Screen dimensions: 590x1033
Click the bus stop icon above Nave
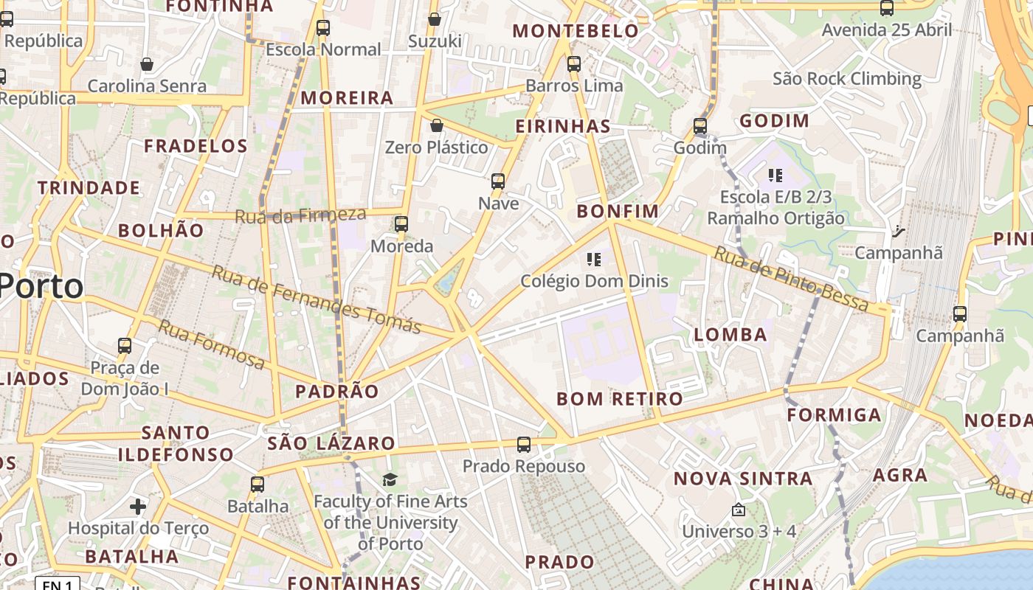pos(498,181)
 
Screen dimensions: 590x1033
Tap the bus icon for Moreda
pos(401,223)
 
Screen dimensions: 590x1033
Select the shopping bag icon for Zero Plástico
pos(437,125)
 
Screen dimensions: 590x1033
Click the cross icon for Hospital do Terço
pos(138,507)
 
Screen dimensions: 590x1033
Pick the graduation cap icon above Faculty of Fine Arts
pos(390,480)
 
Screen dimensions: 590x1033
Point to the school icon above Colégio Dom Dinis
pos(594,259)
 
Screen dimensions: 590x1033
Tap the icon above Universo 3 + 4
pos(738,510)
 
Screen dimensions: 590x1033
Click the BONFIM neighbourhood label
pos(618,212)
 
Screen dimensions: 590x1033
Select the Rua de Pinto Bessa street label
pos(792,279)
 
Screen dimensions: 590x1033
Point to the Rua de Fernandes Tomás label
pos(317,299)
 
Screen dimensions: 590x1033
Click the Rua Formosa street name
pos(211,344)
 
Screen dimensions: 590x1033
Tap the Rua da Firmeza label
pos(300,215)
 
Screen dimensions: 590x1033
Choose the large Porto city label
pos(41,285)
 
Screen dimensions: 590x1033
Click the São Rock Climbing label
pos(847,79)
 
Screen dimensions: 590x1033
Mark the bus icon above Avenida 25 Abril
pos(887,8)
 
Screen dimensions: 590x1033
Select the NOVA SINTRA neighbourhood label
pos(743,479)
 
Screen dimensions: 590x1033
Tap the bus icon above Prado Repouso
pos(524,445)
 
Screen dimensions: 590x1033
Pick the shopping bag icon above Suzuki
pos(435,19)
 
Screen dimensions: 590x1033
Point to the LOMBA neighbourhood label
pos(730,335)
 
